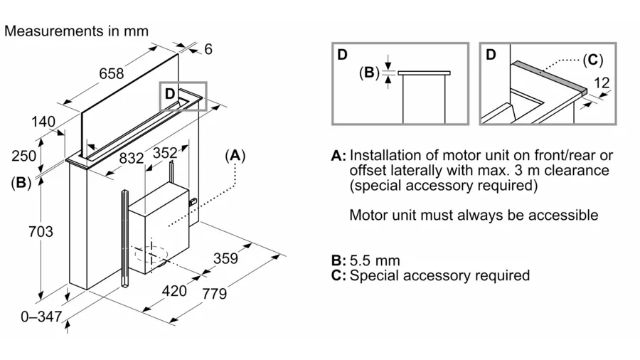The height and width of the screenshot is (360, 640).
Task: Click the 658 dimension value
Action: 111,73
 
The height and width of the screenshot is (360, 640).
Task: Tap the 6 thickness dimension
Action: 208,49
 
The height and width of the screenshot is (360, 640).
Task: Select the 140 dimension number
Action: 43,122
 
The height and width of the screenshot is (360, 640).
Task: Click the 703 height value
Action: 21,231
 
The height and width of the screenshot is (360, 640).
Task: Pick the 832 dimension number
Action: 131,159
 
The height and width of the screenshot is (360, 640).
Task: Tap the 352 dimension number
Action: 165,152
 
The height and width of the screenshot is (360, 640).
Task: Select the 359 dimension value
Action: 226,258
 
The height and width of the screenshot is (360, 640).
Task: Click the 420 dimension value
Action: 174,290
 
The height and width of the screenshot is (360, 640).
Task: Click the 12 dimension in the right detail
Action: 602,83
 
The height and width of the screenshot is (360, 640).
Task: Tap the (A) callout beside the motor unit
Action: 235,155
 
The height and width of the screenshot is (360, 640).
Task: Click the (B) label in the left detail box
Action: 369,73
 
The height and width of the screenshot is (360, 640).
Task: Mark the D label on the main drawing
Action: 170,93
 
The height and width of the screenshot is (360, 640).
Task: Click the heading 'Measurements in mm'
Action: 77,31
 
